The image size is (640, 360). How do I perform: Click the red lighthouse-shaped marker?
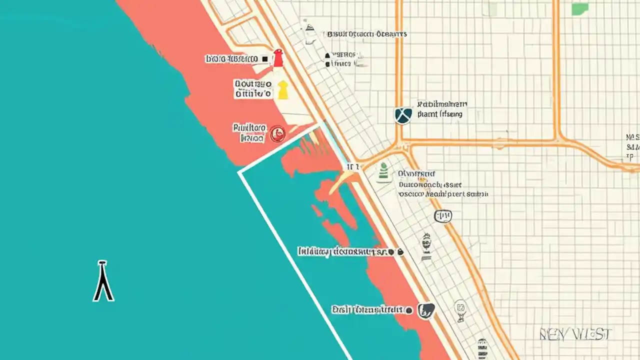[278, 58]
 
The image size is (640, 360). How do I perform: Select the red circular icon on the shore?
[277, 133]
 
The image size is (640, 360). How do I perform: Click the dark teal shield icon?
[403, 115]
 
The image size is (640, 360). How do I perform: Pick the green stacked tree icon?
[383, 172]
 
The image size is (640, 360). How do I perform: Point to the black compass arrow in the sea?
[103, 281]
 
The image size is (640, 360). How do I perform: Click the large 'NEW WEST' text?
[575, 334]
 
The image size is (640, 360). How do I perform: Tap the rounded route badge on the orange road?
[442, 216]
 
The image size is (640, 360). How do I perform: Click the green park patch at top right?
[579, 8]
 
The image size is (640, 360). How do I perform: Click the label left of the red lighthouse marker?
[231, 59]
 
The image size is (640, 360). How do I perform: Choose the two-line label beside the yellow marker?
[253, 89]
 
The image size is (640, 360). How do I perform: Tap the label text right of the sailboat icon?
[366, 34]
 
